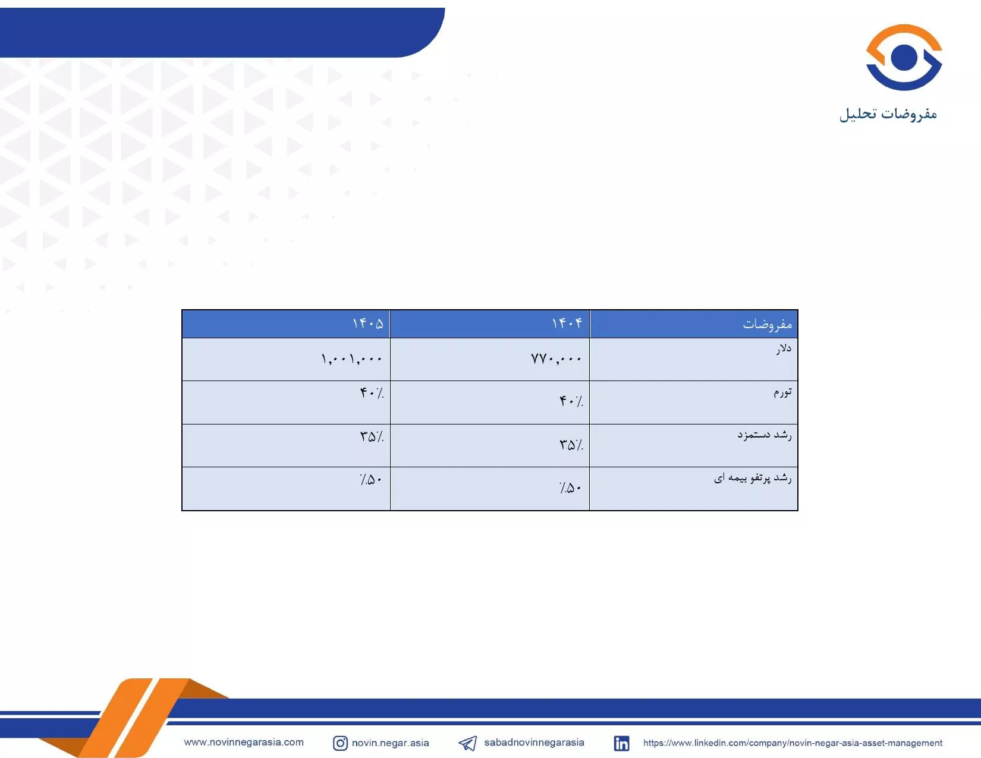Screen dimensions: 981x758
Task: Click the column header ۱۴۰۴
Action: click(567, 323)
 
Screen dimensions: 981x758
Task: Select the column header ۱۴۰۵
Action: click(367, 323)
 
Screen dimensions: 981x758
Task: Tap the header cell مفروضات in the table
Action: click(767, 323)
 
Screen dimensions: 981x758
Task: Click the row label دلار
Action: click(784, 348)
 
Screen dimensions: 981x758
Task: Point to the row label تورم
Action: click(782, 392)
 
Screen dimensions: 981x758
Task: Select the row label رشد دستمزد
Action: click(765, 435)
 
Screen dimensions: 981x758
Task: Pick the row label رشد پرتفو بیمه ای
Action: click(753, 477)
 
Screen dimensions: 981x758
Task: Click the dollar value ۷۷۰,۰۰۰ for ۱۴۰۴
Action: click(556, 359)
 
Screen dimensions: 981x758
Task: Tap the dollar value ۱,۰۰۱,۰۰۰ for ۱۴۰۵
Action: click(351, 359)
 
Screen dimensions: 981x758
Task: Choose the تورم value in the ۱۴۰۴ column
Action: click(571, 401)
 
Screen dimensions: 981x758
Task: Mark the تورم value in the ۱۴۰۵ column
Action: click(372, 393)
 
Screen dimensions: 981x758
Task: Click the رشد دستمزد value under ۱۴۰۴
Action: click(571, 445)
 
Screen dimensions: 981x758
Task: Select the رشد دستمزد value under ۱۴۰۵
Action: click(372, 436)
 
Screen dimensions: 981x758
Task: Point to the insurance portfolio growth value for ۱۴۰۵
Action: click(370, 479)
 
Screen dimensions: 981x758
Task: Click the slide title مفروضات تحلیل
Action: click(888, 114)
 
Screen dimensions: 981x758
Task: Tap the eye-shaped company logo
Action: click(904, 57)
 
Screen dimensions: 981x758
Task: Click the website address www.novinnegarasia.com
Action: click(243, 742)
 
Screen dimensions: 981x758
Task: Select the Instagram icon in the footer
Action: click(341, 743)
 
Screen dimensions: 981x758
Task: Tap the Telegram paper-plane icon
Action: click(468, 743)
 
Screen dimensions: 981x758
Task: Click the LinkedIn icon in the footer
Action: click(621, 743)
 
